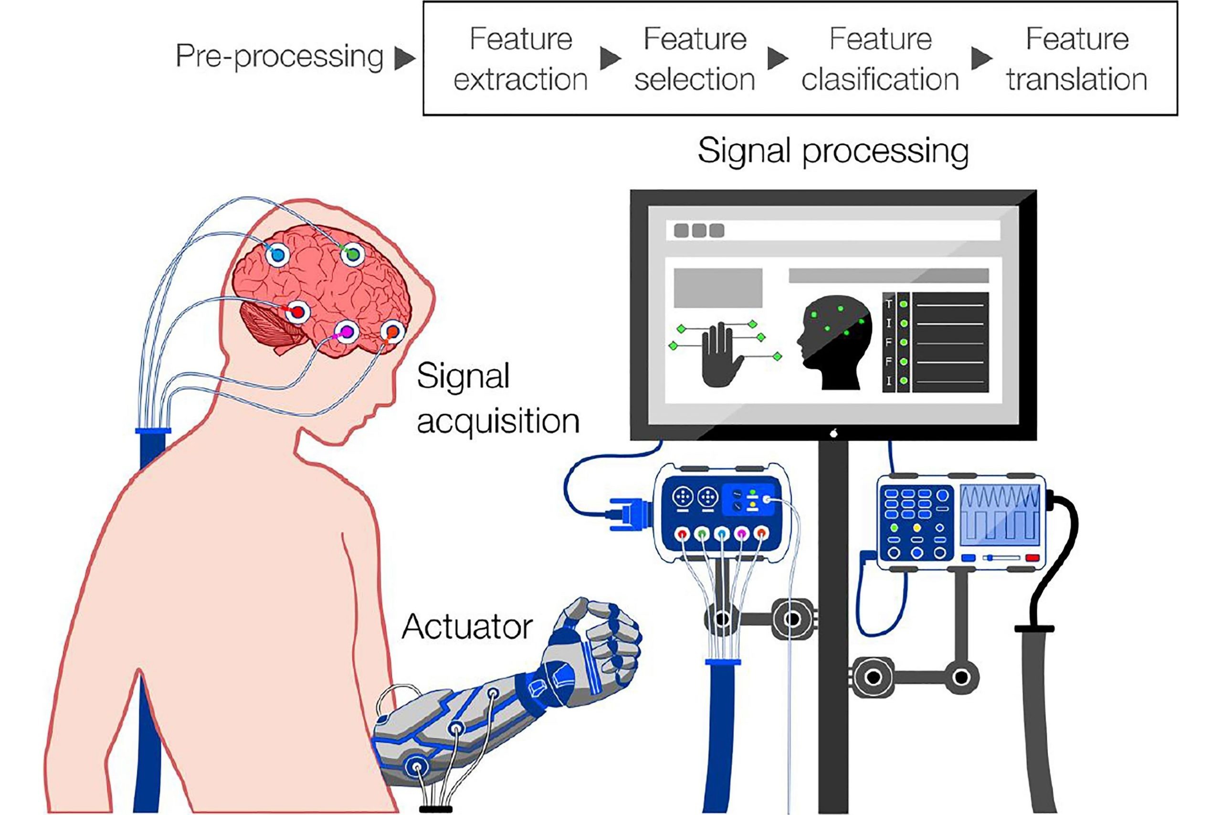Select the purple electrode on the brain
pos(346,331)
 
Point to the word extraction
pos(521,80)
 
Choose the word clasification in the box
pos(880,80)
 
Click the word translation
pos(1076,80)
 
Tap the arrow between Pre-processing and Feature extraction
pos(405,58)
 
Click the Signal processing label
pos(833,152)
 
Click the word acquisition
pos(498,421)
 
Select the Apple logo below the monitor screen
pos(833,433)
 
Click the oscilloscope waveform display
pos(1000,519)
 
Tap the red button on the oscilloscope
pos(1032,558)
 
